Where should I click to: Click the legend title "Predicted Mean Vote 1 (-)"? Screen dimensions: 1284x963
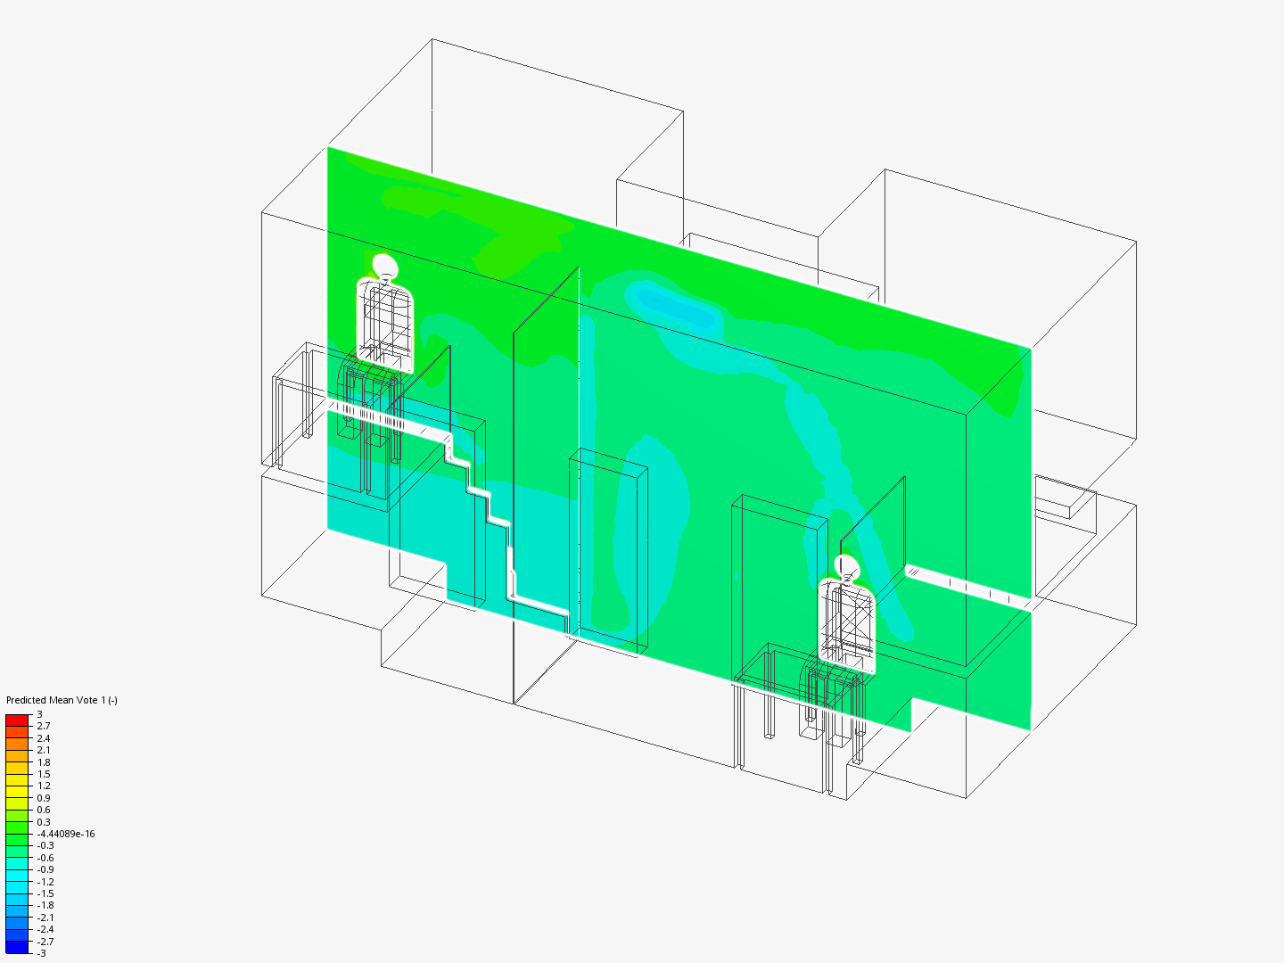pyautogui.click(x=62, y=700)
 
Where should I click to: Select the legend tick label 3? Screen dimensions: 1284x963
pyautogui.click(x=40, y=714)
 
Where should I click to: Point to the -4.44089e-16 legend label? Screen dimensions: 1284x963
pyautogui.click(x=65, y=834)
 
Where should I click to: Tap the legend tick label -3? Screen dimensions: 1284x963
pyautogui.click(x=42, y=953)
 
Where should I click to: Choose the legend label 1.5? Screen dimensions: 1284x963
pyautogui.click(x=44, y=774)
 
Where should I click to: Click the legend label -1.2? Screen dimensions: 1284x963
pyautogui.click(x=45, y=882)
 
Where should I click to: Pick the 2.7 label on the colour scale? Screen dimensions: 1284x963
pyautogui.click(x=44, y=726)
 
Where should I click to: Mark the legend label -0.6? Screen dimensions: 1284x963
pyautogui.click(x=45, y=858)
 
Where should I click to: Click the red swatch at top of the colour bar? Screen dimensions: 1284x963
pyautogui.click(x=17, y=720)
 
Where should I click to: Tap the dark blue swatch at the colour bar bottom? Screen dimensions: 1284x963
pyautogui.click(x=17, y=947)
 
